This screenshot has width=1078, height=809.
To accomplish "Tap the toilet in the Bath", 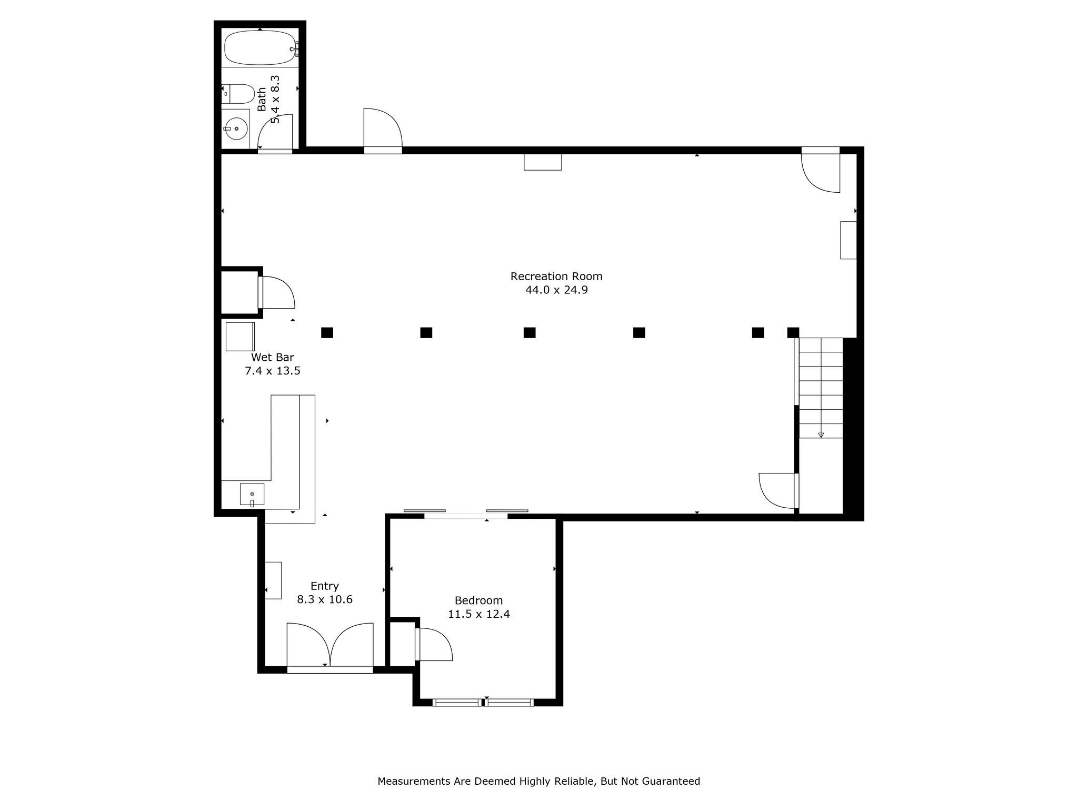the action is click(238, 94).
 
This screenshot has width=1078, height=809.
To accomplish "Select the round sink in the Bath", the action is click(235, 128).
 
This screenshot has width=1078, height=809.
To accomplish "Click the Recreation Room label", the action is click(556, 276).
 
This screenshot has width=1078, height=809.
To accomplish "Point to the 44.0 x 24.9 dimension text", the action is click(556, 290).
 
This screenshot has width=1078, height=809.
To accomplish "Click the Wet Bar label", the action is click(272, 358).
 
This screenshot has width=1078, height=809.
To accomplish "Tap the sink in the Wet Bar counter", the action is click(252, 494).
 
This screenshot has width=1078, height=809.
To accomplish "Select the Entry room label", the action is click(324, 586).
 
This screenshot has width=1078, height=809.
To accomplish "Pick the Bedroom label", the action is click(478, 600).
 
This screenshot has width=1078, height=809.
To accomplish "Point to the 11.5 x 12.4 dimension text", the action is click(478, 614).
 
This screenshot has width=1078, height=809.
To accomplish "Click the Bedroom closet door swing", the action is click(434, 644).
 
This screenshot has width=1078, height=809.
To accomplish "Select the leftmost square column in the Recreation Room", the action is click(327, 332).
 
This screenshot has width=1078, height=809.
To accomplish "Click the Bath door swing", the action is click(275, 132).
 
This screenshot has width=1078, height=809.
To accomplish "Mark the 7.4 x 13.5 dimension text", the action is click(272, 371).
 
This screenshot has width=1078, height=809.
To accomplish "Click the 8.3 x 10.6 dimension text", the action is click(324, 599).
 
